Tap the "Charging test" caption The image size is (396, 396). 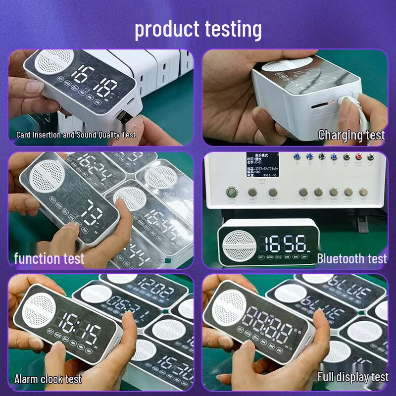[x=351, y=135]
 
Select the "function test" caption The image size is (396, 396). [x=49, y=258]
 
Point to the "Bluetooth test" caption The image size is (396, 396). [x=351, y=258]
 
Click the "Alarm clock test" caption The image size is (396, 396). [x=48, y=379]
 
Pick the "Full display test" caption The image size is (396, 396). [x=352, y=377]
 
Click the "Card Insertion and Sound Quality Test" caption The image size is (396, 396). [x=76, y=135]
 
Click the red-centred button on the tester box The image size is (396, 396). [x=358, y=157]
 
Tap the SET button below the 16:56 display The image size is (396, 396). [x=261, y=257]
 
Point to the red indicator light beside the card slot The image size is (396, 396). [x=334, y=101]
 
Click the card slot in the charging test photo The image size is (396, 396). [x=318, y=105]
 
